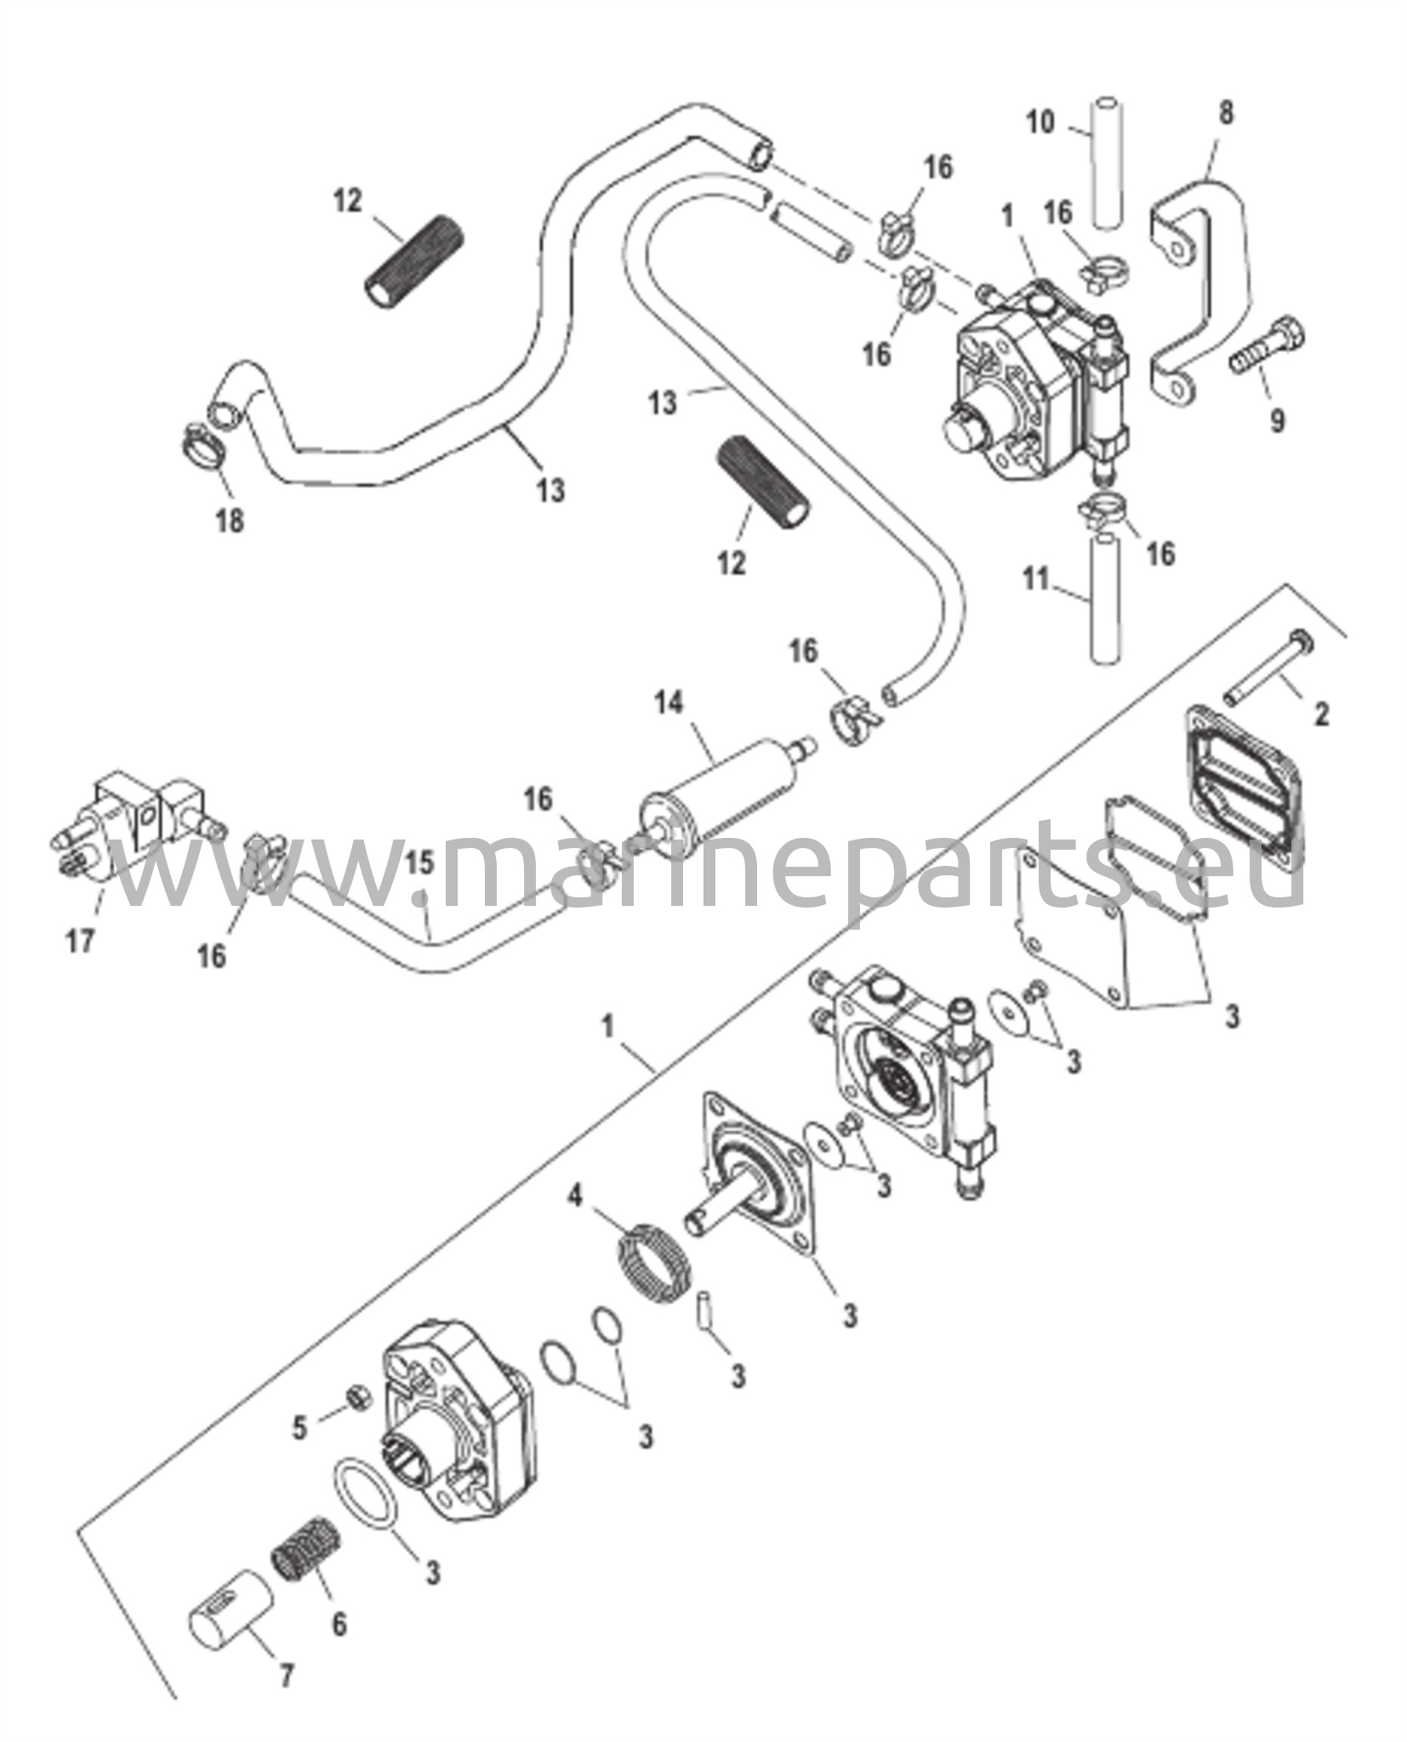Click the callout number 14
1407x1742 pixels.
pyautogui.click(x=669, y=703)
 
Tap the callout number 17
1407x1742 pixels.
pyautogui.click(x=81, y=942)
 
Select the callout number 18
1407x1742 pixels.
pyautogui.click(x=230, y=520)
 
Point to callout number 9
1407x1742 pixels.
pyautogui.click(x=1277, y=420)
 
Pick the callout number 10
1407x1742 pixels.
pyautogui.click(x=1039, y=122)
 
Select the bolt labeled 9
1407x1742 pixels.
pyautogui.click(x=1267, y=350)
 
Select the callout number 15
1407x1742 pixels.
pyautogui.click(x=419, y=863)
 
